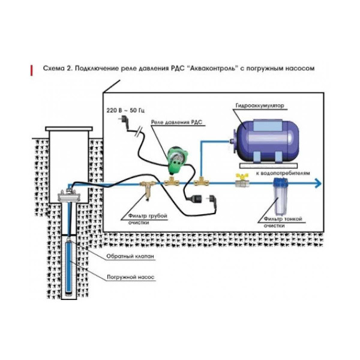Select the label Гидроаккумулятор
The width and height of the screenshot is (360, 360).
tap(260, 106)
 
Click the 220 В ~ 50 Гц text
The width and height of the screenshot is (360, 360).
tap(125, 112)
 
